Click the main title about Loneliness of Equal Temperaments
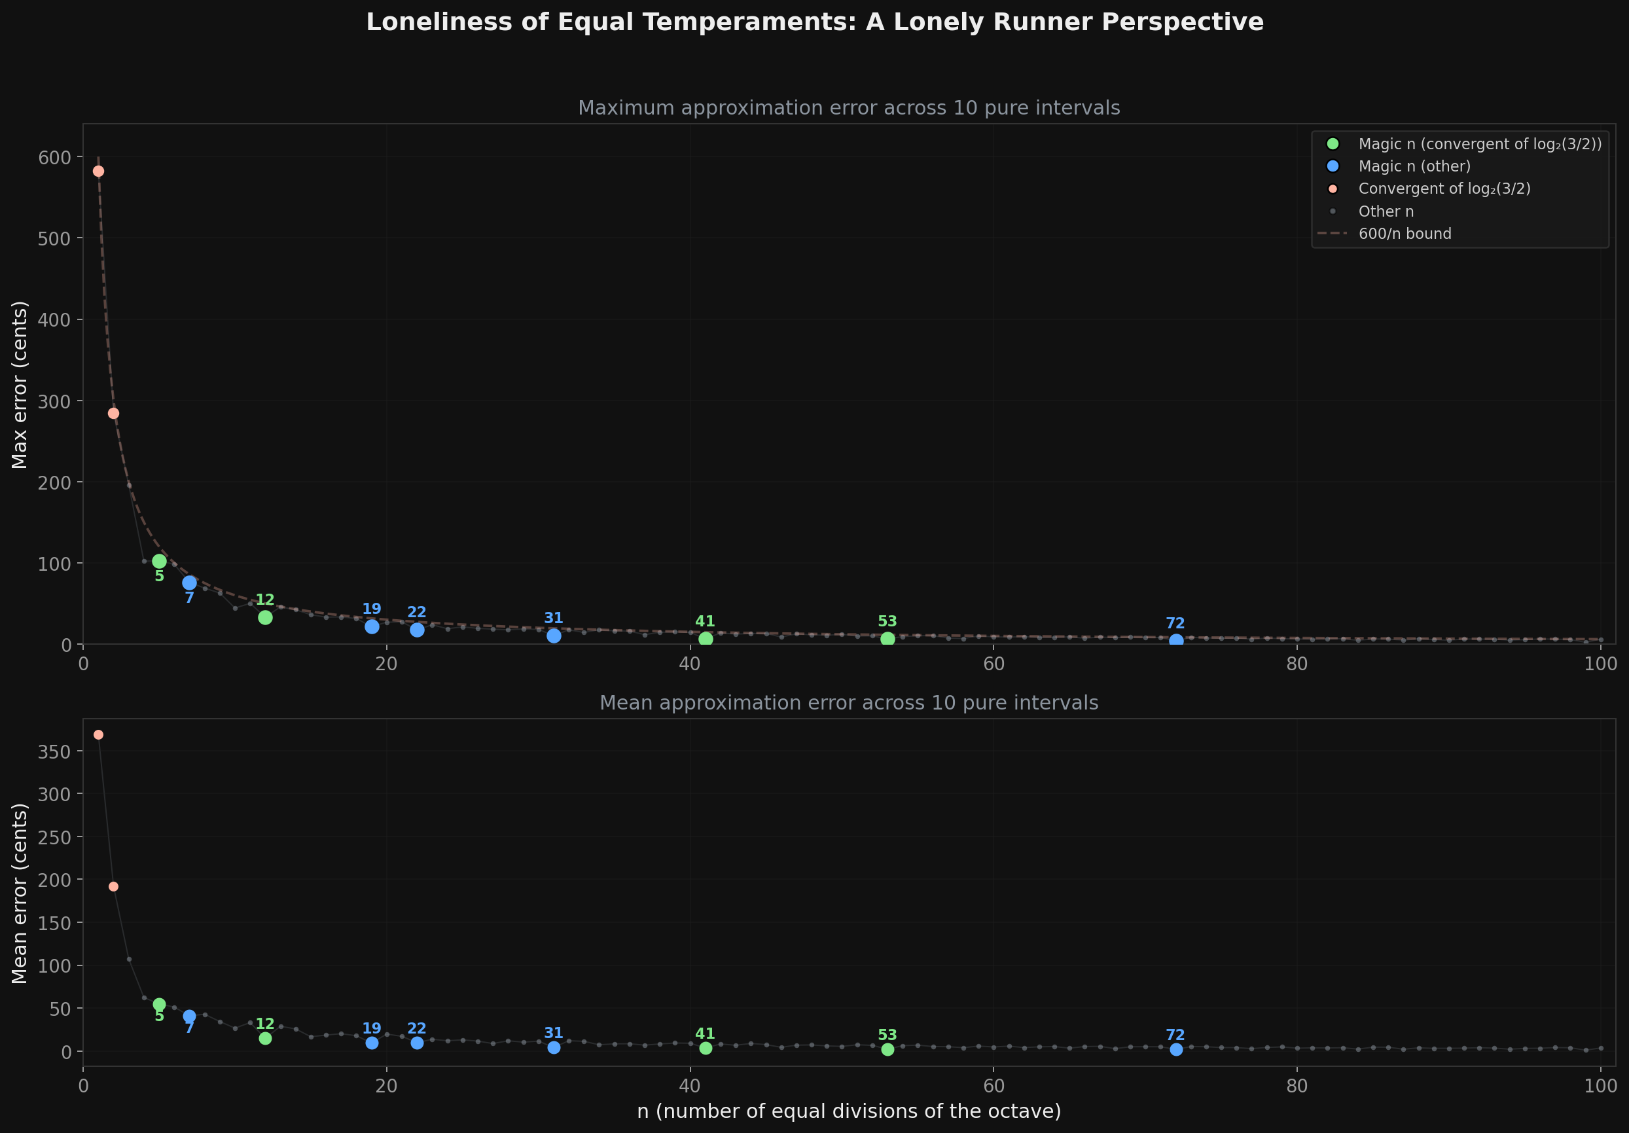point(814,23)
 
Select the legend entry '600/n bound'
point(1404,234)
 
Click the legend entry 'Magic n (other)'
point(1414,166)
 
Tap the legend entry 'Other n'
point(1386,211)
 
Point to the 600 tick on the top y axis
point(54,157)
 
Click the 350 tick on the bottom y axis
point(54,751)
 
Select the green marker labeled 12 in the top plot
point(265,617)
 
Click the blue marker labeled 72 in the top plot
point(1175,640)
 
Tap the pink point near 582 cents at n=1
point(99,171)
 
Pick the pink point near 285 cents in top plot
point(113,413)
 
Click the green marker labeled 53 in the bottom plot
point(887,1049)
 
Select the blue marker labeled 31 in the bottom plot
point(554,1047)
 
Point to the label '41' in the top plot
point(704,622)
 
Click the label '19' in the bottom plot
point(372,1028)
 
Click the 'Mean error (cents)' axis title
point(20,893)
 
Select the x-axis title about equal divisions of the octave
point(849,1110)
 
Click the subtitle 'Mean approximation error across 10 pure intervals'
point(849,702)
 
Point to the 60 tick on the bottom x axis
point(994,1085)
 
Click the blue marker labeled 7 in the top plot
point(189,583)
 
